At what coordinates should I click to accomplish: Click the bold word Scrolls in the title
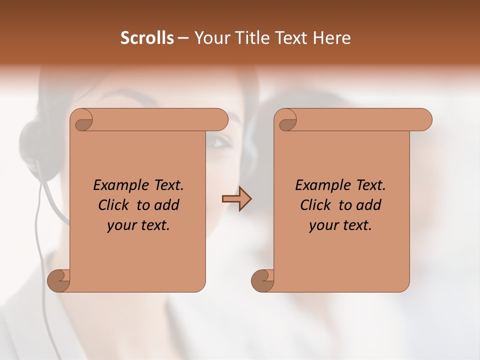[x=147, y=38]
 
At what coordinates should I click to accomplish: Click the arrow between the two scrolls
[x=236, y=199]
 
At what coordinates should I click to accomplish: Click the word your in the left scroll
[x=120, y=225]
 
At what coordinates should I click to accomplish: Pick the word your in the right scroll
[x=322, y=225]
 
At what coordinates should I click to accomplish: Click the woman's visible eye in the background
[x=218, y=141]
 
